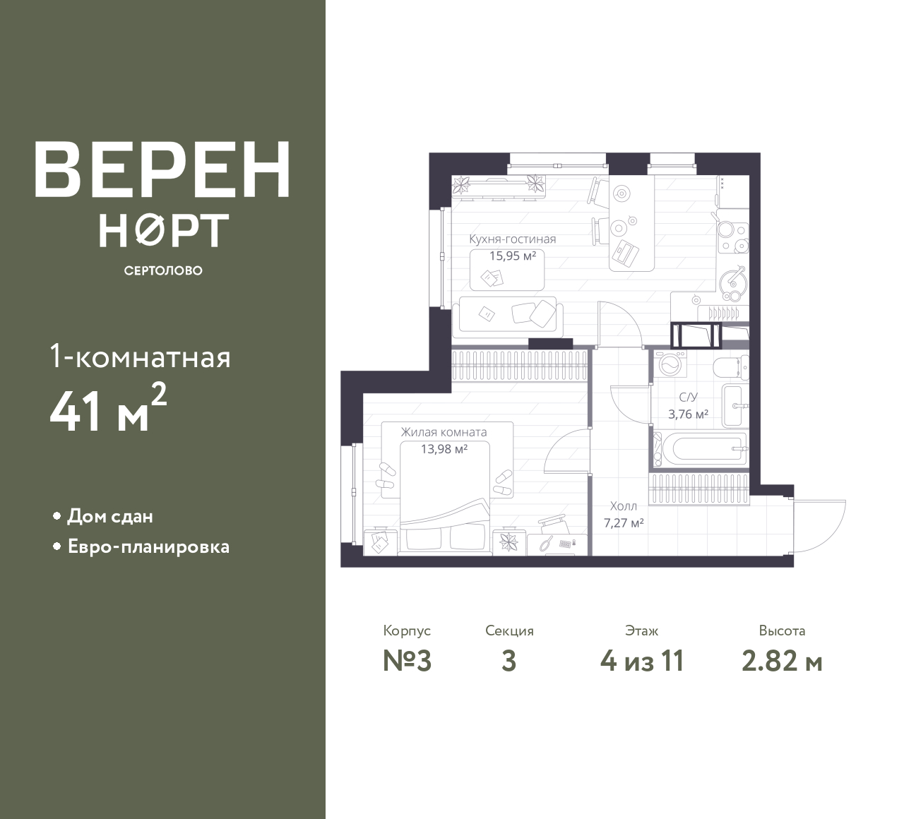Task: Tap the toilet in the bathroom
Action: [731, 366]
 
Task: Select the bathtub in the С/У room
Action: [701, 449]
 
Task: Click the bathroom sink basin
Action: [734, 406]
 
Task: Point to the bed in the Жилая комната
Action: [445, 498]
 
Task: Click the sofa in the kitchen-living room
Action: [507, 317]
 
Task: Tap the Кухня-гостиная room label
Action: [513, 239]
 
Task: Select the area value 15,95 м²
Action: [513, 256]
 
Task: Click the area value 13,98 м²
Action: [444, 449]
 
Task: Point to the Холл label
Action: [623, 506]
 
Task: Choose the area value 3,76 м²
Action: [688, 414]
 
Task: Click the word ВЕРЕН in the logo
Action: [162, 169]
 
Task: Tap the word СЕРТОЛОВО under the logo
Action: [163, 270]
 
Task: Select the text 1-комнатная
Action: [140, 357]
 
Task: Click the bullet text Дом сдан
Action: [110, 516]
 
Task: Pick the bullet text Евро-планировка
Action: [149, 547]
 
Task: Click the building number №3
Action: [407, 661]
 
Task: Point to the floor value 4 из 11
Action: [642, 661]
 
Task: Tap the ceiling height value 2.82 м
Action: [782, 662]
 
